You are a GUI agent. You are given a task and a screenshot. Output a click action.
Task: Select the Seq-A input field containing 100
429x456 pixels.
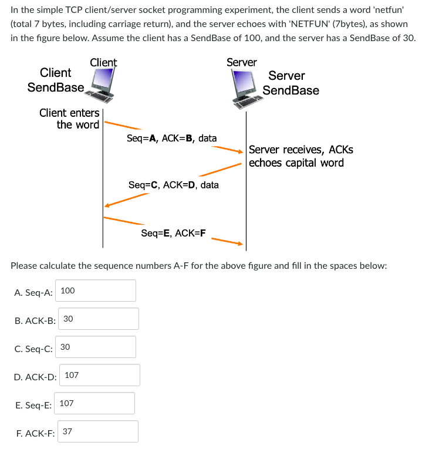pos(97,291)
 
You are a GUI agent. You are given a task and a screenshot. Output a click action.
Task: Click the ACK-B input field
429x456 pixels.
pos(99,319)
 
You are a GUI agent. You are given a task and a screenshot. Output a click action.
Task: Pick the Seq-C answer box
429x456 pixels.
pos(96,347)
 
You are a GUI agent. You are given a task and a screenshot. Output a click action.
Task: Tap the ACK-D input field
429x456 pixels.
pos(99,375)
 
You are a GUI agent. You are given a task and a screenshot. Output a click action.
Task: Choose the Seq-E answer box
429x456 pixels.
pos(96,403)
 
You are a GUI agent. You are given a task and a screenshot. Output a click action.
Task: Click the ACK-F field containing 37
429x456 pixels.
pos(98,431)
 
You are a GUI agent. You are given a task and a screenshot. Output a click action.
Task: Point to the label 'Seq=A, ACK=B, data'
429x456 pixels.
pos(171,139)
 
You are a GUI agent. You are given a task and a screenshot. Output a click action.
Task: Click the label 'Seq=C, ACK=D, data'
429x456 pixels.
pos(173,185)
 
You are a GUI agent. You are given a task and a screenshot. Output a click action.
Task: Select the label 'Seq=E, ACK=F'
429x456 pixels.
pos(173,233)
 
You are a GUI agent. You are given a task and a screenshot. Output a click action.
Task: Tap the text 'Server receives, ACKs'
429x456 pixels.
pos(301,150)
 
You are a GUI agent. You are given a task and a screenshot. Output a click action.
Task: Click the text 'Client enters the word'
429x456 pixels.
pos(70,119)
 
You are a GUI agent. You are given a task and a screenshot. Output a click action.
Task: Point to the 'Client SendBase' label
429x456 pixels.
pos(56,80)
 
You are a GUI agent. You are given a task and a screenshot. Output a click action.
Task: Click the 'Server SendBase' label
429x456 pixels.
pos(290,83)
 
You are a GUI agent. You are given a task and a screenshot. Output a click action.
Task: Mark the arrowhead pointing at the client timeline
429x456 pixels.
pos(106,205)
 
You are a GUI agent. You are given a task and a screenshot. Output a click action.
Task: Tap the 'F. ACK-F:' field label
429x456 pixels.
pos(35,432)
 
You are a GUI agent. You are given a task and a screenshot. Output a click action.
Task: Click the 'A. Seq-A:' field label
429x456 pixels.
pos(33,291)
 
